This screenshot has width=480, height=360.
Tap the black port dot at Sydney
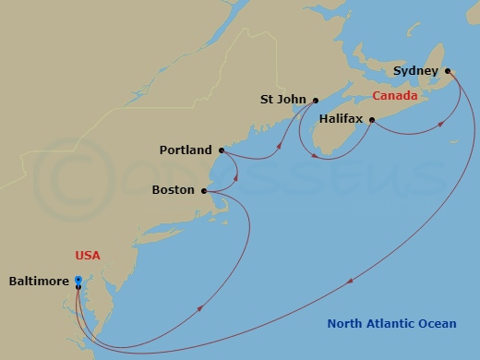pos(448,71)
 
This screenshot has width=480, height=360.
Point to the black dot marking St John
pos(316,101)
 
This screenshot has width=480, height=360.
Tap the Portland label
pos(186,150)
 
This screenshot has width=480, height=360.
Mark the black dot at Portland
pos(222,150)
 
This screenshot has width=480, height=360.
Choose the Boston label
pos(173,190)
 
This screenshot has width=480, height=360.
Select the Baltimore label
pos(38,282)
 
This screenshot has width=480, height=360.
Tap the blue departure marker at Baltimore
pos(78,280)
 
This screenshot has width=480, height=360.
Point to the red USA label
pos(88,255)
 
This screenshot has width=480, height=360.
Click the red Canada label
pos(395,96)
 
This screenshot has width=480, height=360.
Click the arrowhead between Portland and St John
pos(280,142)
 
